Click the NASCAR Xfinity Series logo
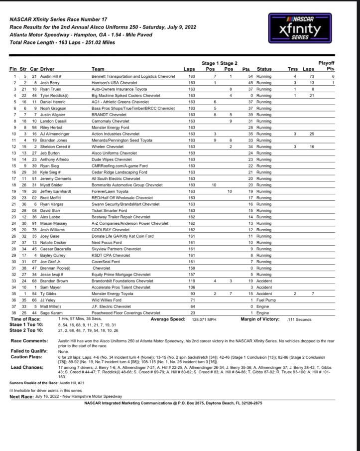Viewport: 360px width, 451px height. (x=302, y=28)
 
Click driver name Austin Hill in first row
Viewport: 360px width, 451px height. (x=52, y=76)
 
